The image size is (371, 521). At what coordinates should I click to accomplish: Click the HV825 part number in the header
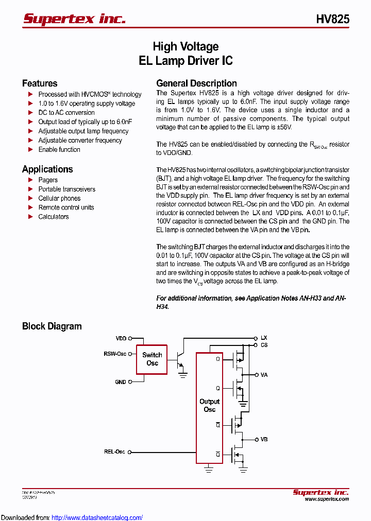point(332,19)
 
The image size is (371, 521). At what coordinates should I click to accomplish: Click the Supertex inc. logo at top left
point(74,19)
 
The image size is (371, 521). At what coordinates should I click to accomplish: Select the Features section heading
point(40,83)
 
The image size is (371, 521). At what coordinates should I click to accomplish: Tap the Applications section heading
point(47,169)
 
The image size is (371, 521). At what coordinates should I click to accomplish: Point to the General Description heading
point(196,83)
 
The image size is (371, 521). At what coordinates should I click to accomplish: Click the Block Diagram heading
point(52,326)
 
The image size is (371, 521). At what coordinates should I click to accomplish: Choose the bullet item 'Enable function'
point(59,150)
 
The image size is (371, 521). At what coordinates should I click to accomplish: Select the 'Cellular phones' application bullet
point(59,198)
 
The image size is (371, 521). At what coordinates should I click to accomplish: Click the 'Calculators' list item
point(54,217)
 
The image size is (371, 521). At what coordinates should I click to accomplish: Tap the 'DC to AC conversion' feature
point(66,113)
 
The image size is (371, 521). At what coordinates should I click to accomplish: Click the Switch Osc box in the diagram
point(152,359)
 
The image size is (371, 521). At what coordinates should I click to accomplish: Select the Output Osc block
point(209,405)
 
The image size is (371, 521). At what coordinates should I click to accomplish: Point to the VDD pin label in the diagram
point(121,339)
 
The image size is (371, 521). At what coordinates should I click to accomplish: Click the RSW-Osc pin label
point(115,354)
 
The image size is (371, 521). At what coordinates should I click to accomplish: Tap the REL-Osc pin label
point(114,452)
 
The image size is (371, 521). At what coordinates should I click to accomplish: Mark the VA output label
point(264,375)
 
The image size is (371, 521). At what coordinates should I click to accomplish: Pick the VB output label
point(264,440)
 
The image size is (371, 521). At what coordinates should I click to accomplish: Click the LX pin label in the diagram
point(264,338)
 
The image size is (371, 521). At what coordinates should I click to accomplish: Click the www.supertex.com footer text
point(327,499)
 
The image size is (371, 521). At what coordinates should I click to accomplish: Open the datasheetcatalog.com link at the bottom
point(97,517)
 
